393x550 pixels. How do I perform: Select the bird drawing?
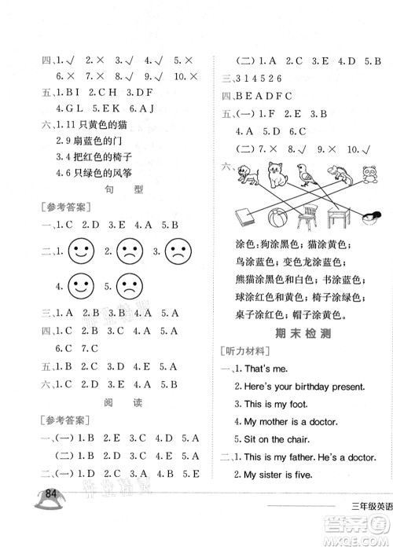(x=307, y=172)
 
